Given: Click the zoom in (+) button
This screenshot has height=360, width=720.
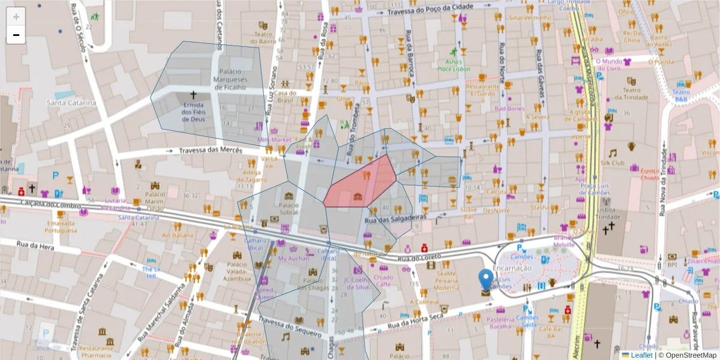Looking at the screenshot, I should pos(16,17).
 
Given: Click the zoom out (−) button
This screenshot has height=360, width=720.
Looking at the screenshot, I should pos(16,35).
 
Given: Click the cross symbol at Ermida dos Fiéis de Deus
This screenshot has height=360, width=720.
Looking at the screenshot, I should pos(193,95).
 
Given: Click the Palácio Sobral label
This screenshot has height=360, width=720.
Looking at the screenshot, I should pos(289,209).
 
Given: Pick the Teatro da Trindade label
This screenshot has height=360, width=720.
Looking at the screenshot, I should pos(628,94).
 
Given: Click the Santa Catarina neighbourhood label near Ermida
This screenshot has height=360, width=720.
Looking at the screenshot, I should pos(71,103).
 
